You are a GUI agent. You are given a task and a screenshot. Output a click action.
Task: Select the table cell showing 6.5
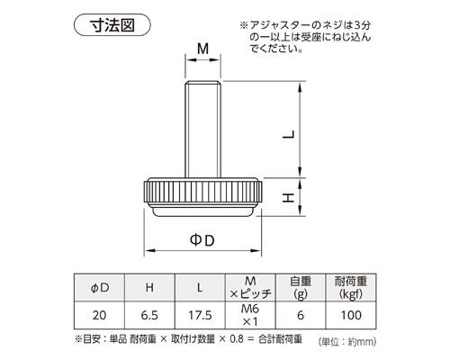pyautogui.click(x=150, y=317)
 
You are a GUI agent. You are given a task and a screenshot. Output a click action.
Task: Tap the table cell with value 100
pyautogui.click(x=350, y=317)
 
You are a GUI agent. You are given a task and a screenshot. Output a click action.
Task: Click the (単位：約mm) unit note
pyautogui.click(x=347, y=342)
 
